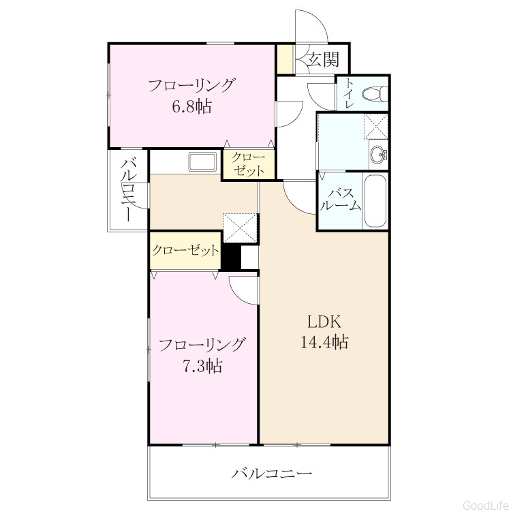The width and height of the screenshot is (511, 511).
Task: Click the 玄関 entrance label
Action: (323, 59)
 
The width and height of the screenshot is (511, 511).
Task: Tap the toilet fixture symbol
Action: (375, 94)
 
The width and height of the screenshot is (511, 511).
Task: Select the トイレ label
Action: (350, 93)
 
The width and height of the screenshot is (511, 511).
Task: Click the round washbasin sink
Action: (378, 154)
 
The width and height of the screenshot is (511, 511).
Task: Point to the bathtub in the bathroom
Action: (375, 201)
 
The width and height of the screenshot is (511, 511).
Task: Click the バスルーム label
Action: (341, 200)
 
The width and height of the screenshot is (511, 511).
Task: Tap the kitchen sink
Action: (203, 161)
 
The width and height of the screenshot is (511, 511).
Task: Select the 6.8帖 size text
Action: (192, 106)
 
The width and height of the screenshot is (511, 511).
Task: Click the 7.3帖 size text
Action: (202, 365)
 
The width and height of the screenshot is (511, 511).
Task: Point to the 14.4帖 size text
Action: (324, 342)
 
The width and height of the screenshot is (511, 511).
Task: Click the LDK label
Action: (324, 322)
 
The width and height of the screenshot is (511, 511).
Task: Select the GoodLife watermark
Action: (486, 505)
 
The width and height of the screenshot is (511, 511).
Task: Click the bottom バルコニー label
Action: (272, 474)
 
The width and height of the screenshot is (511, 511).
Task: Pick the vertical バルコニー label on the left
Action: (128, 190)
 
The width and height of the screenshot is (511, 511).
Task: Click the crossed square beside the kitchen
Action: (240, 228)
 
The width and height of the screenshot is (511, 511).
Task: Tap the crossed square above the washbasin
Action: (375, 127)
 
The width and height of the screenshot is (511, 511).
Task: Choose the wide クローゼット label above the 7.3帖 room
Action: (185, 251)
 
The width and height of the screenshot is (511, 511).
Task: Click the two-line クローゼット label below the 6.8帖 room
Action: (248, 164)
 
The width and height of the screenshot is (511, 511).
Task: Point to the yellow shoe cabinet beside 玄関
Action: (285, 59)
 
